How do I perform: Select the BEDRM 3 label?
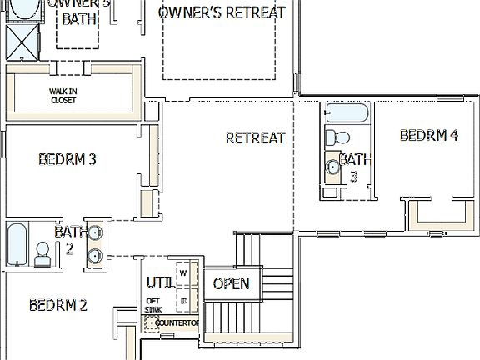coord(67,159)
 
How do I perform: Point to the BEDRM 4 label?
coord(428,135)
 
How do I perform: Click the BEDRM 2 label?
coord(58,305)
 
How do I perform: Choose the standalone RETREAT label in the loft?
coord(255,137)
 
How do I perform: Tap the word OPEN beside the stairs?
coord(231,283)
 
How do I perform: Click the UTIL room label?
coord(159,282)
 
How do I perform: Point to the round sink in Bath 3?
coord(332,167)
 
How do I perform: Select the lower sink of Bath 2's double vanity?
coord(94,256)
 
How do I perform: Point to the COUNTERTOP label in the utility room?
coord(177,322)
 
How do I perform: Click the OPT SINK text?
coord(153,305)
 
